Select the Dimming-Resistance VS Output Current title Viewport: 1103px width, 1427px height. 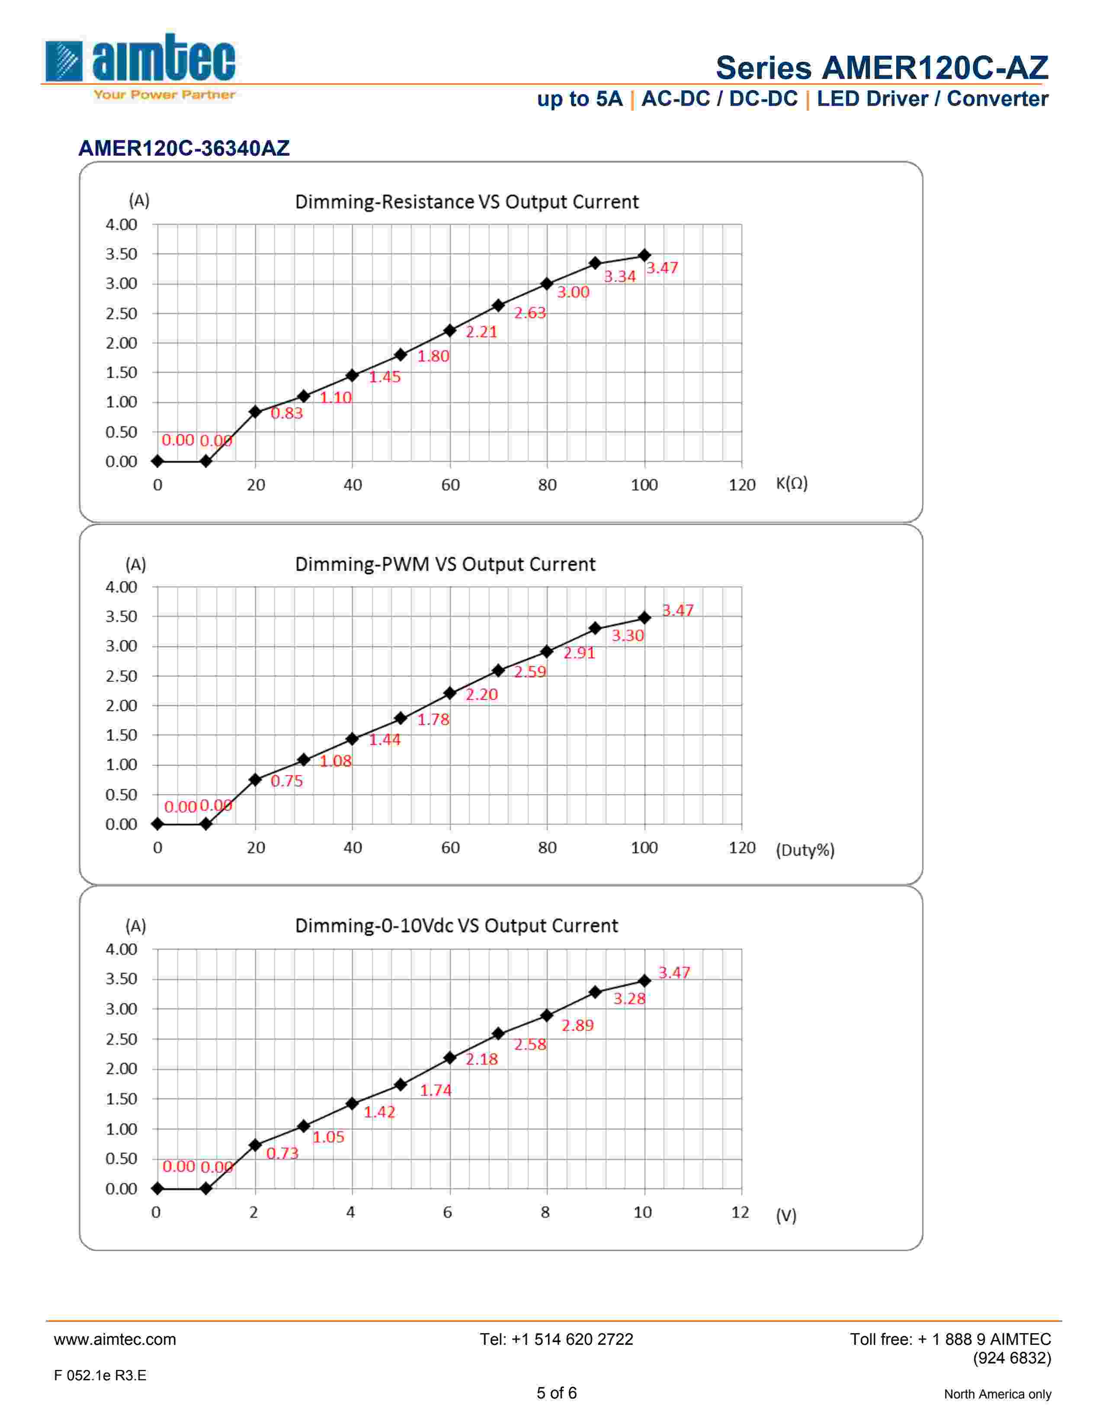point(467,202)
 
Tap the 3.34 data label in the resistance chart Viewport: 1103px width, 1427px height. point(619,276)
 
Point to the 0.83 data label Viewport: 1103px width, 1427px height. point(287,413)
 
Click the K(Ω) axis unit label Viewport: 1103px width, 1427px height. point(791,483)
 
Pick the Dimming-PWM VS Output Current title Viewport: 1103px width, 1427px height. point(445,564)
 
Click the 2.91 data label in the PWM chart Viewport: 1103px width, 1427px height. point(579,653)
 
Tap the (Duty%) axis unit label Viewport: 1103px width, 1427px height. point(805,850)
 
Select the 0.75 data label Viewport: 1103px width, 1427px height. point(287,781)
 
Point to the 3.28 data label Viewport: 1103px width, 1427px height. point(628,998)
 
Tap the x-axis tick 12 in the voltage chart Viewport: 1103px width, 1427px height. point(740,1213)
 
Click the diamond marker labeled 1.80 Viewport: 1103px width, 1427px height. point(401,355)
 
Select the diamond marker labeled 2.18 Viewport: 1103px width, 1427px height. point(449,1057)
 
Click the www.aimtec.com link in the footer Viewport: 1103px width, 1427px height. point(115,1340)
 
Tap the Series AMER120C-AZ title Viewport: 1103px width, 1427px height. point(882,68)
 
